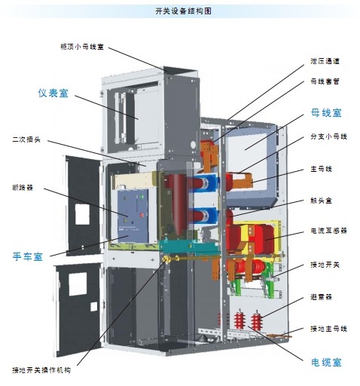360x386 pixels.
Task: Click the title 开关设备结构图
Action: tap(184, 11)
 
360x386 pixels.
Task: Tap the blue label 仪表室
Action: tap(53, 93)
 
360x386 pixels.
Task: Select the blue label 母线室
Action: tap(326, 112)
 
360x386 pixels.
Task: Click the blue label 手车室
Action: tap(28, 256)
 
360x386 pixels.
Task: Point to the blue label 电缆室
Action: tap(326, 362)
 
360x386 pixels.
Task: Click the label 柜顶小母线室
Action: tap(82, 47)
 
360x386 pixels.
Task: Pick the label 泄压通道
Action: tap(325, 61)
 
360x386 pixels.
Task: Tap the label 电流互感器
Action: tap(328, 231)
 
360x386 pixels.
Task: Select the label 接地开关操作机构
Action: tap(41, 370)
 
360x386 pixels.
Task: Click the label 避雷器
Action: tap(321, 297)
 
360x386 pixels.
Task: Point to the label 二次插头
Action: tap(26, 139)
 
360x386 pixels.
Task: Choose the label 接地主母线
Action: tap(328, 329)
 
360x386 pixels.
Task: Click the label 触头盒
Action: tap(321, 201)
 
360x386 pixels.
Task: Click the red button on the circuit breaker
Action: tap(142, 215)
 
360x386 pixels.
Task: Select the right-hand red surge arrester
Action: tap(256, 320)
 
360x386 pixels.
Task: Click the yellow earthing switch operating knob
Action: tap(166, 259)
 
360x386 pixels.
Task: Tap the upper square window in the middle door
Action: tap(82, 214)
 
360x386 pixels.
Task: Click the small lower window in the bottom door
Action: tap(93, 307)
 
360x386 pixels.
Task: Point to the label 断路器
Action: tap(23, 188)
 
